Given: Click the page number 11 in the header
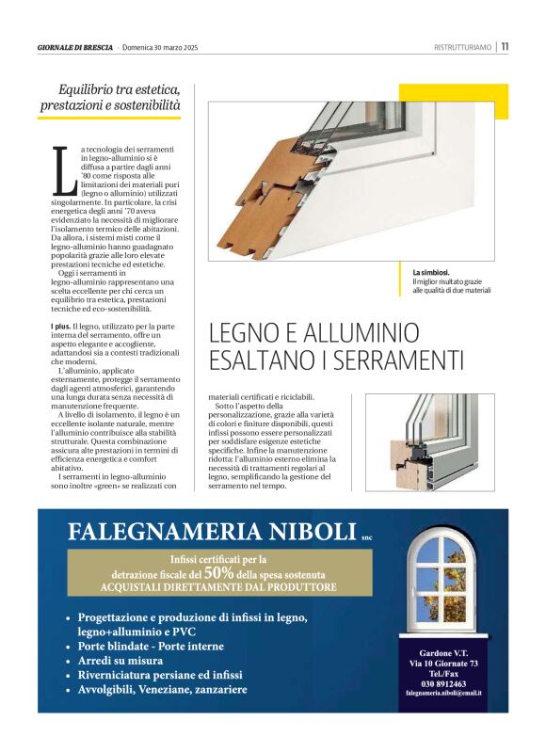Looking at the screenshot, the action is click(x=505, y=46).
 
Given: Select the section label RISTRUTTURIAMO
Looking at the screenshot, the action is click(x=463, y=47).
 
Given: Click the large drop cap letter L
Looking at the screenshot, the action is click(x=62, y=172).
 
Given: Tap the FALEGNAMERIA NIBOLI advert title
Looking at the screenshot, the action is click(x=211, y=532).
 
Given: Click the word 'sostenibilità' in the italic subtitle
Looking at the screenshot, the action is click(x=140, y=105).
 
